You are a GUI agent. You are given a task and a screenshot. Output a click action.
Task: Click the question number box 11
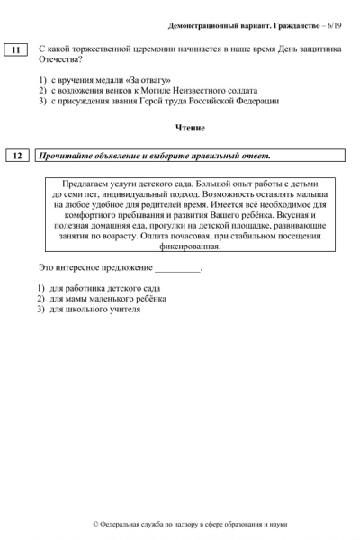(x=16, y=49)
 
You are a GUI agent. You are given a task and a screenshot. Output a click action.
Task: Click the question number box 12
(x=16, y=156)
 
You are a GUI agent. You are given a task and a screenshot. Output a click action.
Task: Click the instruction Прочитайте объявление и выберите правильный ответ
(x=154, y=156)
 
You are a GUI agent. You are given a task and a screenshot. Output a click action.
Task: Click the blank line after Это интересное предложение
(x=177, y=267)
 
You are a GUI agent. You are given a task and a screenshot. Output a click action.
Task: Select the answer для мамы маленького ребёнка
(x=107, y=298)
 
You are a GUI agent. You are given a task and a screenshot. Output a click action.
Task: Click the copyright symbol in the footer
(x=97, y=524)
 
